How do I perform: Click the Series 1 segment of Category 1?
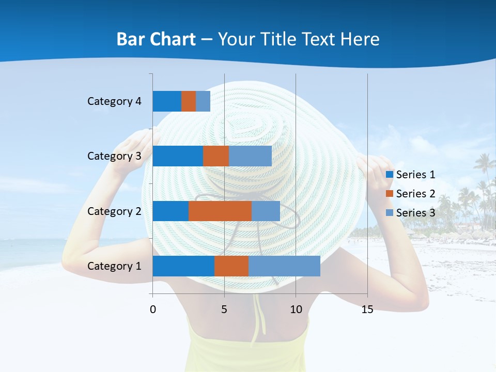pos(183,266)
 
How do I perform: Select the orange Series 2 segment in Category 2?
pos(220,211)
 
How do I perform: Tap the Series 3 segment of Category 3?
pos(250,156)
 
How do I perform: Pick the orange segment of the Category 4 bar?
pos(189,101)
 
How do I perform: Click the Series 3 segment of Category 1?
pos(284,266)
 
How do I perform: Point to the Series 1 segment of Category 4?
pos(167,101)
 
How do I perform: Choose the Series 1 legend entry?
pos(411,175)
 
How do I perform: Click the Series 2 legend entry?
pos(411,194)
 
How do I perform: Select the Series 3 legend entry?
pos(411,213)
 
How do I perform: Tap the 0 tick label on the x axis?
pos(153,309)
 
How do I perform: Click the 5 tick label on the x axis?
pos(224,309)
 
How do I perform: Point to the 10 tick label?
pos(296,309)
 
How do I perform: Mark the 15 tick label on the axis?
pos(367,309)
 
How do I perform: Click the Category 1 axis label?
pos(114,266)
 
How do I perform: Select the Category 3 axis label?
pos(114,156)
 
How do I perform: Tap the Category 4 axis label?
pos(114,101)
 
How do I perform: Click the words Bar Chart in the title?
pos(156,39)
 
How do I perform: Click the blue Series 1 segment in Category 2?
pos(171,211)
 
